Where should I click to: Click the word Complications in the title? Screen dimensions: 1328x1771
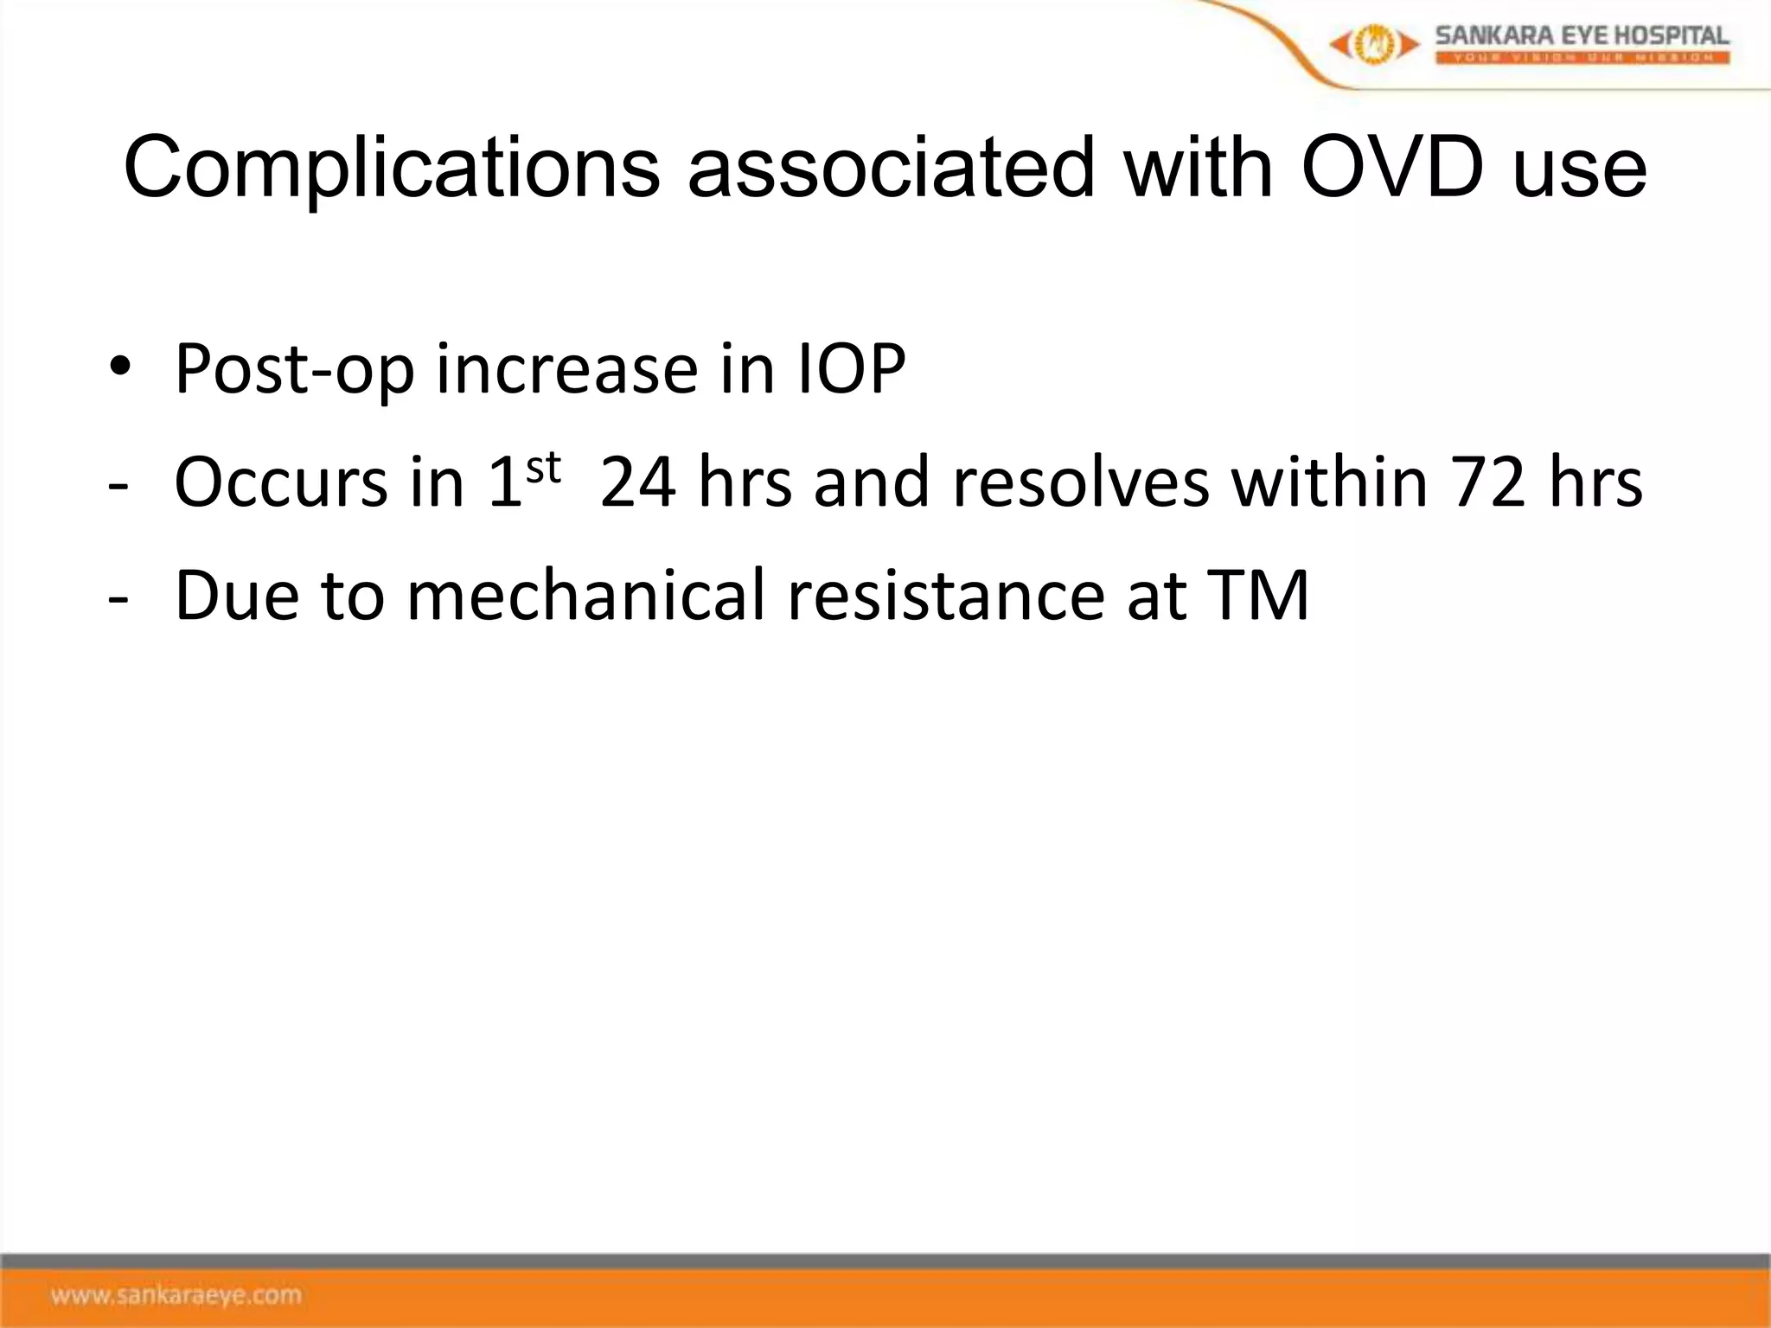[391, 169]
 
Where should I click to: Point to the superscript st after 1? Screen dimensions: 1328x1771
[544, 468]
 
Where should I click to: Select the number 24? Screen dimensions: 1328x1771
[637, 482]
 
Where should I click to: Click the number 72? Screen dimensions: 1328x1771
[1487, 482]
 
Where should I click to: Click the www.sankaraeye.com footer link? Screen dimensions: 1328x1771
[176, 1295]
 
